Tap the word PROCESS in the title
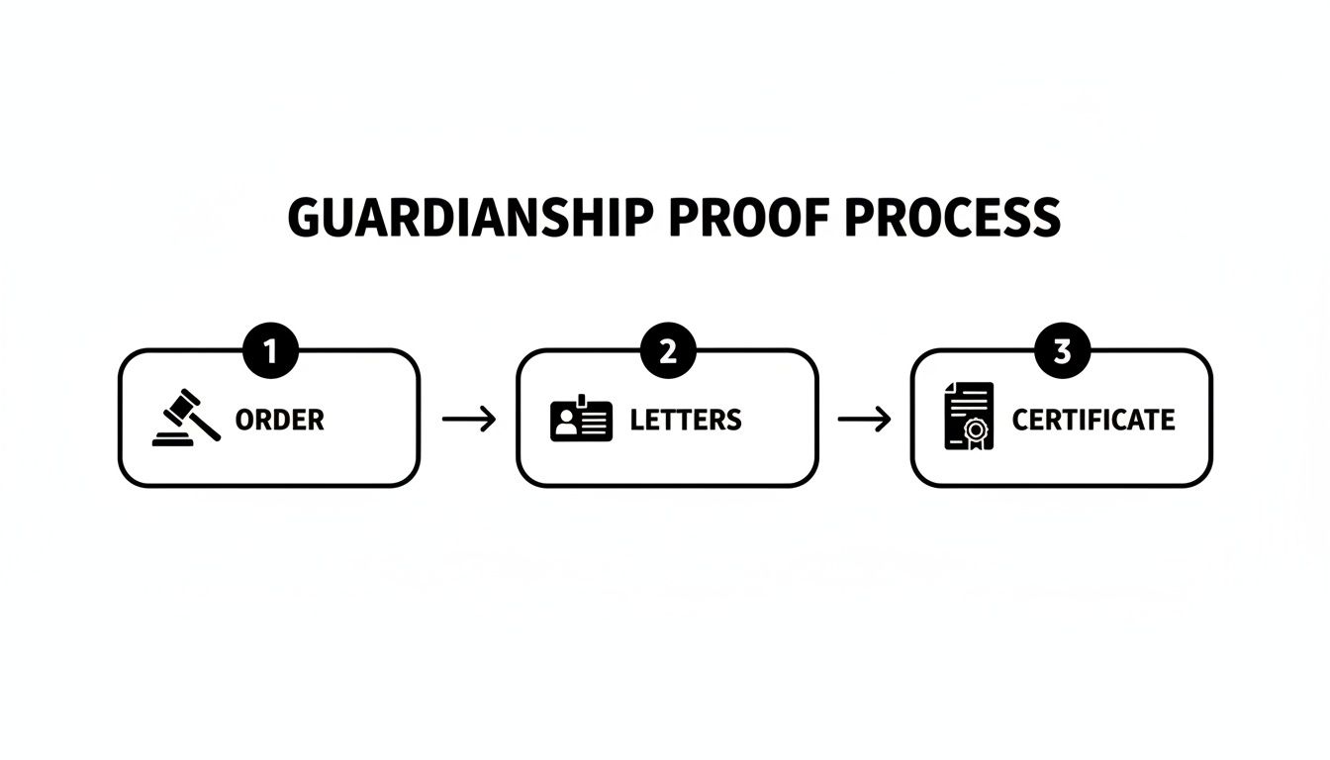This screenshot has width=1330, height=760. coord(952,218)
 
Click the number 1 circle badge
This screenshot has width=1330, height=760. coord(270,351)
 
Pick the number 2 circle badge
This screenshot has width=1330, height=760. coord(668,351)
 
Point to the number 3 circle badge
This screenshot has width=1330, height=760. coord(1062,351)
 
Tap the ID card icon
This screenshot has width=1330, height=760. coord(581,420)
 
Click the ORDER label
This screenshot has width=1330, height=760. coord(280,420)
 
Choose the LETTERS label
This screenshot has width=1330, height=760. coord(686,420)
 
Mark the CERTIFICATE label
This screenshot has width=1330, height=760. coord(1093,420)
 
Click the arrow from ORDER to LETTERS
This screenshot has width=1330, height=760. coord(468,420)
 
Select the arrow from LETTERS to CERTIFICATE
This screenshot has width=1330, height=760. coord(864,420)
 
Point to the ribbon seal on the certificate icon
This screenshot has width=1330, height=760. coord(977,431)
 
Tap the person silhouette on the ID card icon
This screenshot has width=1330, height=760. coord(566,425)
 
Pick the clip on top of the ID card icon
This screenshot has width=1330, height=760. coord(582,400)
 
